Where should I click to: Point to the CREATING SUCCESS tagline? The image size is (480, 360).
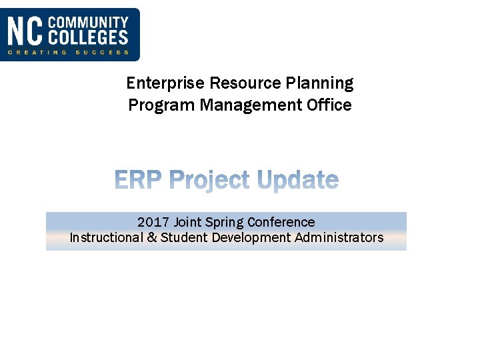(68, 52)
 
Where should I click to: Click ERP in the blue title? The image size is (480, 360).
(139, 180)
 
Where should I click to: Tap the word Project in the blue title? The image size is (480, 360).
(211, 181)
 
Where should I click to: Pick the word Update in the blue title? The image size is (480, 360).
(298, 181)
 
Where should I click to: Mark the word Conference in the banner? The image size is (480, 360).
(281, 222)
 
